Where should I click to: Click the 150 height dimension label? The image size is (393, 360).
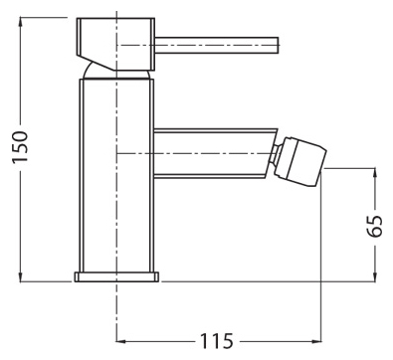click(x=20, y=146)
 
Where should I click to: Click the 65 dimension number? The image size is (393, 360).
click(x=375, y=226)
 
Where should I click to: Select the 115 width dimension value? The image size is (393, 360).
click(x=217, y=340)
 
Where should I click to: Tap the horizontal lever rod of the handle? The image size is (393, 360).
click(x=217, y=45)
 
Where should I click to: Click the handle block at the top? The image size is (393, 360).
click(x=115, y=44)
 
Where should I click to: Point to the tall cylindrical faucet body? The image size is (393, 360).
click(x=116, y=176)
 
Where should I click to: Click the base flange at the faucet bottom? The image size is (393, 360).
click(x=116, y=277)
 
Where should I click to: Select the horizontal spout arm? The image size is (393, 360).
click(x=216, y=153)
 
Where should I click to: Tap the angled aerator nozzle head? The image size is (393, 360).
click(x=300, y=161)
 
